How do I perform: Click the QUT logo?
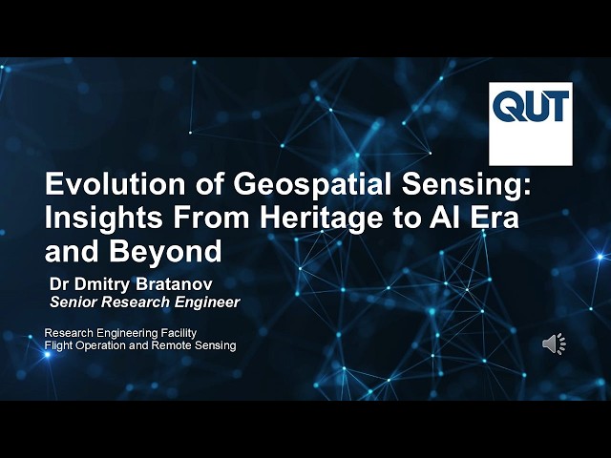(x=531, y=123)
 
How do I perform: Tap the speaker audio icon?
(x=554, y=343)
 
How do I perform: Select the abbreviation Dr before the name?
(x=61, y=283)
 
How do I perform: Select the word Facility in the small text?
(x=180, y=332)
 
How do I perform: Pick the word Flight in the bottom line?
(x=59, y=344)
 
